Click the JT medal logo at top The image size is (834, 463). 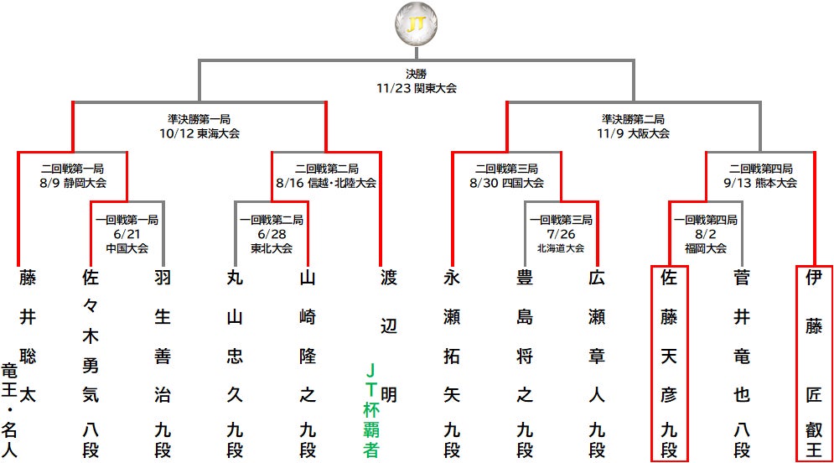coord(417,24)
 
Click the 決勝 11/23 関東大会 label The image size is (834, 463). coord(417,81)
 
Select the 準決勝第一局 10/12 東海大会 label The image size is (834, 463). coord(199,126)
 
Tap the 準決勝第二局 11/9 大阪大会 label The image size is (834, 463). coord(633,126)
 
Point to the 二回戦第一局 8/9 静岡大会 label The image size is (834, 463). coord(73,175)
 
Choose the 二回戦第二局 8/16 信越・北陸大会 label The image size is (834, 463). coord(326,175)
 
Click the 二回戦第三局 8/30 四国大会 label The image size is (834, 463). coord(508,175)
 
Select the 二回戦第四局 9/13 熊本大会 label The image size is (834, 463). coord(761,175)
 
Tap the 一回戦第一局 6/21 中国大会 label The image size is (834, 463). coord(127,233)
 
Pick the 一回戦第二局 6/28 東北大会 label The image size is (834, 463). coord(272,233)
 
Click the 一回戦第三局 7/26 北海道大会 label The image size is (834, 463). coord(561,233)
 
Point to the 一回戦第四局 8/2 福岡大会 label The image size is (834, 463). coord(706,233)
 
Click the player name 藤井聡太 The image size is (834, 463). coord(28,336)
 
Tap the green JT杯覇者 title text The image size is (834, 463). coord(370,408)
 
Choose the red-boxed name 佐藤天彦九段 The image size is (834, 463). coord(669,363)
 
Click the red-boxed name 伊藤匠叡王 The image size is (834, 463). coord(813,363)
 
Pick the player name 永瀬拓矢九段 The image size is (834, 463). coord(452,363)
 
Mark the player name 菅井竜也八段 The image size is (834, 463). coord(741,363)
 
